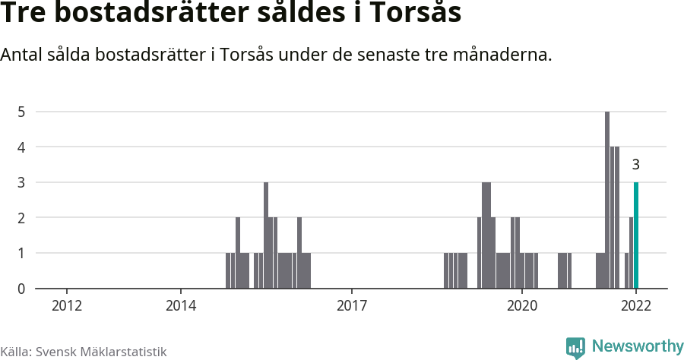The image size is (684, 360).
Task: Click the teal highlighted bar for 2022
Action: coord(636,235)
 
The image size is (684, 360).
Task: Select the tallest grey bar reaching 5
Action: coord(607,200)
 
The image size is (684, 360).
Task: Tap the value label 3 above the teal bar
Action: coord(636,165)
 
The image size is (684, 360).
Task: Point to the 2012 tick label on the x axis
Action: coord(67,305)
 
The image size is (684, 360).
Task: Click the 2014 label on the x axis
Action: coord(181,305)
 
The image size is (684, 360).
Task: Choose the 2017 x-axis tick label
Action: coord(351,305)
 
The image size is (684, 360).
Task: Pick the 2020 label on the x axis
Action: coord(522,305)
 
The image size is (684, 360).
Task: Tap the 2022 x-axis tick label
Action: coord(636,305)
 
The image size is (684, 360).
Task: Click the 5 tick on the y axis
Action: coord(22,112)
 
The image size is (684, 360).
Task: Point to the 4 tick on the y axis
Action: coord(22,147)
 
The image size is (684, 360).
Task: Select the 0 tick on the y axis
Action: coord(22,289)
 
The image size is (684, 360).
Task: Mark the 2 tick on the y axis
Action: coord(22,218)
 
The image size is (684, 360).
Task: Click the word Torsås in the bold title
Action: coord(416,14)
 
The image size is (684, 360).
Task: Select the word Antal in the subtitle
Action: coord(23,55)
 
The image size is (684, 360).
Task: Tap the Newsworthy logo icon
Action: coord(575,348)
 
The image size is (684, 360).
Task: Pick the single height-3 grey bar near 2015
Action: coord(266,235)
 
